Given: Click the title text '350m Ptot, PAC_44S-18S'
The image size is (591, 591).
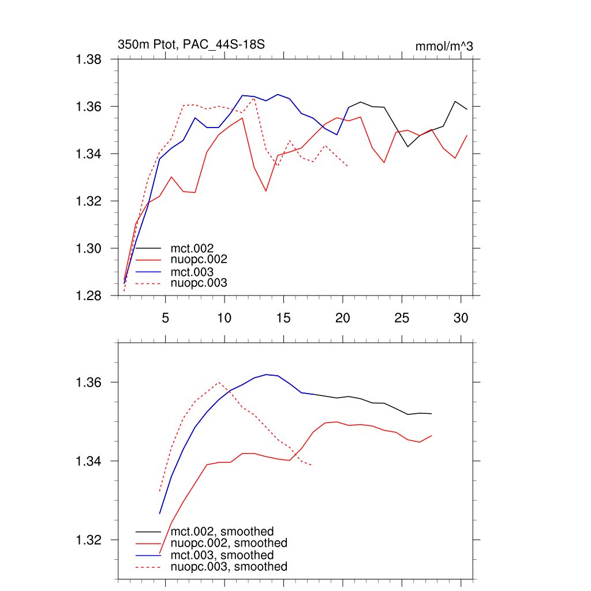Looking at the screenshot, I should pos(191,44).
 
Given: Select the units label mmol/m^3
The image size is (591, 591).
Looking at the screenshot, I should pos(444,47).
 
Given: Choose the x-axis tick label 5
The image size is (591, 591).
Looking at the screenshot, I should pos(165,317).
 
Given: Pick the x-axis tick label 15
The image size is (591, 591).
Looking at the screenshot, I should pos(283,317).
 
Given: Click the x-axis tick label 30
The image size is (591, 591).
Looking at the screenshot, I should pos(460,317).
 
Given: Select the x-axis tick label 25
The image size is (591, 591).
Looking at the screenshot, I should pos(401,317).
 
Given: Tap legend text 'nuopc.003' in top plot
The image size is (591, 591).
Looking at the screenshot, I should pos(199,283).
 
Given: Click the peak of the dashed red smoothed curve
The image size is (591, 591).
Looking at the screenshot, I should pos(219,382).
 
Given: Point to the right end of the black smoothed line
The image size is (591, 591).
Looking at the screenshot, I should pos(431,414).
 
